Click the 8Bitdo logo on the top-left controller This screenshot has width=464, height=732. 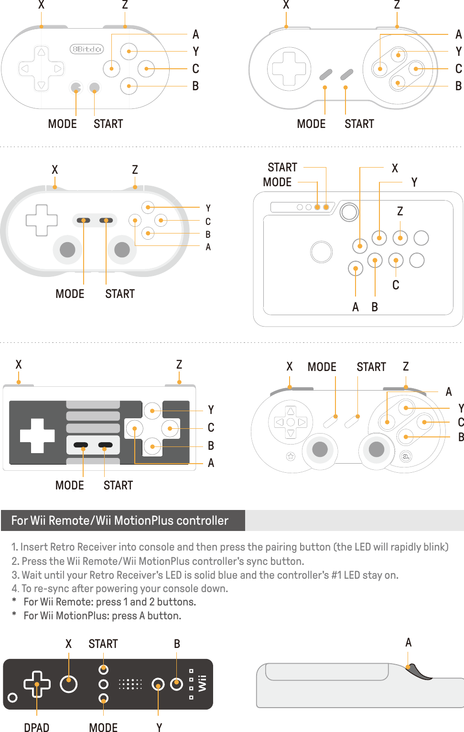[x=86, y=49]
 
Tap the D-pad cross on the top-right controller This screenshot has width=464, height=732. [x=289, y=69]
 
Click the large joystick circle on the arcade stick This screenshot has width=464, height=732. [x=321, y=252]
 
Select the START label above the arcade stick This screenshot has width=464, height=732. [x=282, y=168]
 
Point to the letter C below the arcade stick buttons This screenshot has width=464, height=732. [x=396, y=285]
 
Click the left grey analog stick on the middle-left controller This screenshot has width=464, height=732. [x=67, y=249]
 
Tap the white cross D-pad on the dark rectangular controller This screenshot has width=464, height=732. [x=37, y=435]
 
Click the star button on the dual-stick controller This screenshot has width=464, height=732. [x=291, y=456]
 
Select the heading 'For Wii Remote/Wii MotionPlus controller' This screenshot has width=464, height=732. [x=119, y=520]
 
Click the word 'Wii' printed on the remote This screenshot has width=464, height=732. [x=203, y=683]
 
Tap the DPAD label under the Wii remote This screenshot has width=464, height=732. [x=37, y=727]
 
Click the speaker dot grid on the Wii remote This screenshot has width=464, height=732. [x=130, y=684]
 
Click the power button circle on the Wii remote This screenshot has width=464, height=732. [x=13, y=698]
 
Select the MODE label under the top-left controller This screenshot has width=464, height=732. [x=62, y=124]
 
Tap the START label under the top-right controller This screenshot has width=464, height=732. [x=359, y=124]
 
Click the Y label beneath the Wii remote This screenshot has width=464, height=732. [x=159, y=727]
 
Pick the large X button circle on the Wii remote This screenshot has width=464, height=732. [x=69, y=684]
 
